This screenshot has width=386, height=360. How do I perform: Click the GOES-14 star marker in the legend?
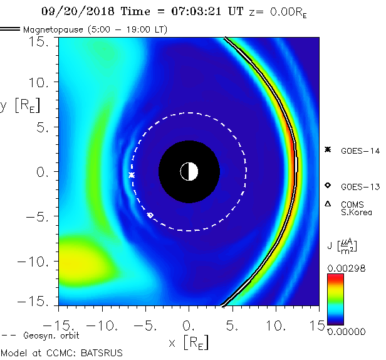pyautogui.click(x=327, y=149)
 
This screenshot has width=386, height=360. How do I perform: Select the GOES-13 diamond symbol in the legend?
pyautogui.click(x=327, y=186)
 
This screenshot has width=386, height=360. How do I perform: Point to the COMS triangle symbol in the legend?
pyautogui.click(x=327, y=204)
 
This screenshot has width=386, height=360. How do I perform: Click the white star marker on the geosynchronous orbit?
pyautogui.click(x=132, y=175)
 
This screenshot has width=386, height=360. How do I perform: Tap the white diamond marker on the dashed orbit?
pyautogui.click(x=150, y=215)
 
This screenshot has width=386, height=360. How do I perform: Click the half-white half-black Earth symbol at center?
pyautogui.click(x=189, y=171)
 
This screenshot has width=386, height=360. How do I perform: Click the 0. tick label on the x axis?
pyautogui.click(x=189, y=327)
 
